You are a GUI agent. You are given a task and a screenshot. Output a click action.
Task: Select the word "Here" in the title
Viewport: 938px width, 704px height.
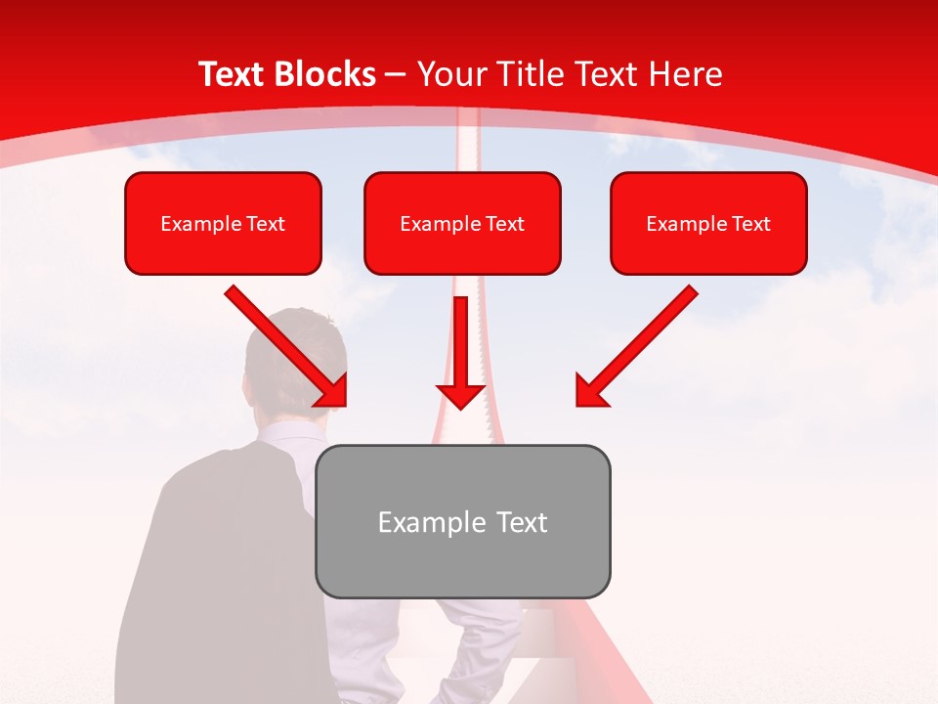point(687,74)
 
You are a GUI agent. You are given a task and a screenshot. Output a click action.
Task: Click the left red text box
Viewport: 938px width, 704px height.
point(223,224)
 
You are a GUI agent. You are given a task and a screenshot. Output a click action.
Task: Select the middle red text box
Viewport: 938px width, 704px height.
point(462,224)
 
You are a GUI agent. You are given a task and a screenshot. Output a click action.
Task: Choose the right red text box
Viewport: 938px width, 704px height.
point(708,224)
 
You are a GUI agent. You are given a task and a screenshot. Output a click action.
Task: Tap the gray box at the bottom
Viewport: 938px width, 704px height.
point(462,521)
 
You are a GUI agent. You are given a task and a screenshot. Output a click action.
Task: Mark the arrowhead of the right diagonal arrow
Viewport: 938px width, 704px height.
point(589,392)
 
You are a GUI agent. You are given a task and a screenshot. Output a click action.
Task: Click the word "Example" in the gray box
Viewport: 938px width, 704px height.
point(418,522)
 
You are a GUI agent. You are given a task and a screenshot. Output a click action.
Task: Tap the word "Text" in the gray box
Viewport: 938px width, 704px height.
point(523,522)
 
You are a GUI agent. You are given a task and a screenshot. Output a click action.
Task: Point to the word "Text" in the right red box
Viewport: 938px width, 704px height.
point(750,224)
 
